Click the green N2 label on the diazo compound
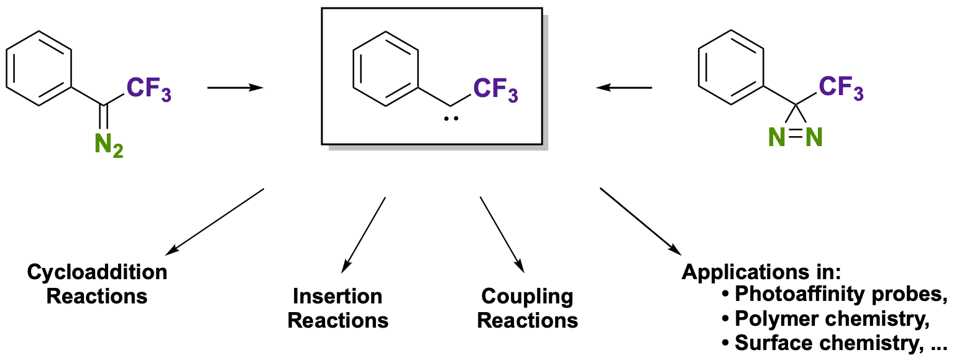tap(109, 146)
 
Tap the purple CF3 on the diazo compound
tap(149, 91)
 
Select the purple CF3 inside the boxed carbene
tap(495, 91)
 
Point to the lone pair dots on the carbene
tap(451, 118)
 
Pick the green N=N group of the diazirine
tap(796, 136)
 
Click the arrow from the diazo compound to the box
tap(235, 88)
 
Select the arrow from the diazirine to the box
tap(624, 88)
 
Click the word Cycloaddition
tap(98, 273)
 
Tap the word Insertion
tap(337, 297)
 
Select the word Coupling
tap(527, 297)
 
